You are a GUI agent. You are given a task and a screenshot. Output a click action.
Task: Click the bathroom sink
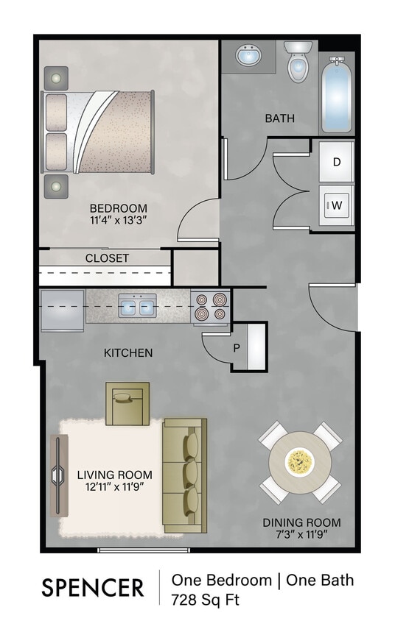(x=248, y=56)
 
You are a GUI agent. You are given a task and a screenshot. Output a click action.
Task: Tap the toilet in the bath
(x=298, y=63)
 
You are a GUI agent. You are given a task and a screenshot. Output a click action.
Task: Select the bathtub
(x=336, y=96)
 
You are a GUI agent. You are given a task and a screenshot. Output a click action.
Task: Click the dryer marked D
(x=336, y=162)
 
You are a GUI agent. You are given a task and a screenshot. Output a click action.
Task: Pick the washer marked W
(x=336, y=205)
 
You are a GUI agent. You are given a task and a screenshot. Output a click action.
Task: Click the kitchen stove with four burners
(x=210, y=307)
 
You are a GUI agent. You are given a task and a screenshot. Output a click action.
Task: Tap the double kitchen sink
(x=137, y=306)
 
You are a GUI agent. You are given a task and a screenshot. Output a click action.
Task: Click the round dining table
(x=299, y=462)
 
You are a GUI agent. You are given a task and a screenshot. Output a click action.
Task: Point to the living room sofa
(x=184, y=475)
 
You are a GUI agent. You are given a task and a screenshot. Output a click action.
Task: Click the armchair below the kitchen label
(x=127, y=403)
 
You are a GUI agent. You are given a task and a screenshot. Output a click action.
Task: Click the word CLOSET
(x=107, y=258)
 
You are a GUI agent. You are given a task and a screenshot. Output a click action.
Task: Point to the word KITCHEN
(x=128, y=353)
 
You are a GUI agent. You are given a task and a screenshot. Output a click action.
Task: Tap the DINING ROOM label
(x=301, y=523)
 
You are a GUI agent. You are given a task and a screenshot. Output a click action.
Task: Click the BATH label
(x=280, y=118)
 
